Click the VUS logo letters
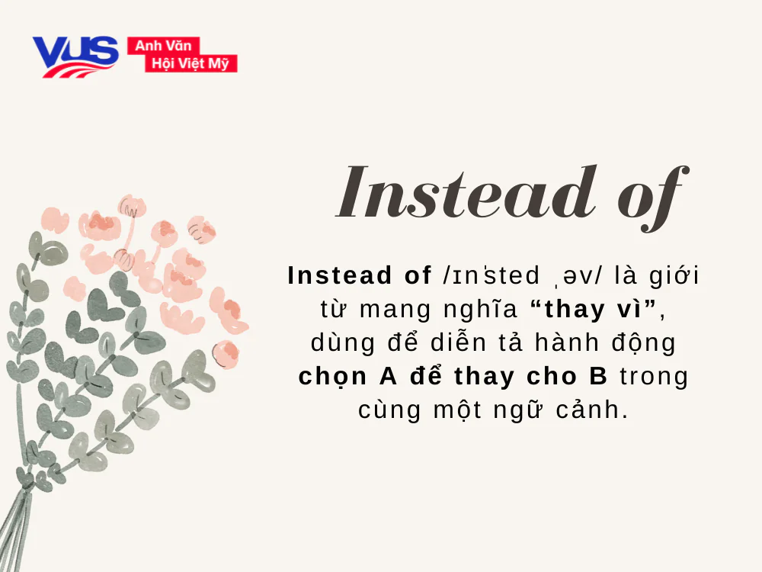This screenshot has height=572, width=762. [x=75, y=54]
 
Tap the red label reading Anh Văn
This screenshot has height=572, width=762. [x=163, y=47]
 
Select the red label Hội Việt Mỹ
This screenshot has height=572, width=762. [x=190, y=64]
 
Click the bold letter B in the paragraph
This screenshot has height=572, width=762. [x=599, y=377]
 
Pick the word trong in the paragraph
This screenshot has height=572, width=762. [x=653, y=377]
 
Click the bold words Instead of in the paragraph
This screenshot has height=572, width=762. [x=360, y=276]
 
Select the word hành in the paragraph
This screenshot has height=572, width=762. [x=565, y=343]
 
